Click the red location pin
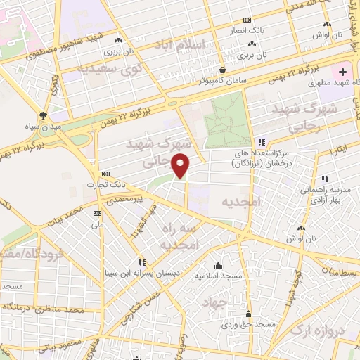(181, 166)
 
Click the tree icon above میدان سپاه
(44, 115)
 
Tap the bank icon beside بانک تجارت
(106, 173)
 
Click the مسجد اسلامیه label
(218, 276)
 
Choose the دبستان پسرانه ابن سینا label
(141, 272)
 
